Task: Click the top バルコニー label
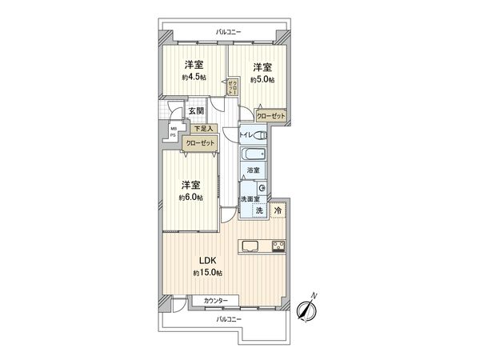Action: [x=228, y=32]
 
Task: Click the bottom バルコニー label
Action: [x=228, y=318]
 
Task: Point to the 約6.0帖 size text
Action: [x=190, y=197]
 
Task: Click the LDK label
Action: [x=207, y=260]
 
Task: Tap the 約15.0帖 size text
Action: [x=207, y=273]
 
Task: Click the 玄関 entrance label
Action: [x=196, y=111]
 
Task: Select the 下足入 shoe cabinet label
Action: [x=201, y=128]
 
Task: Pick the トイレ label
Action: [x=247, y=135]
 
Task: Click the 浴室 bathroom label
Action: [x=253, y=170]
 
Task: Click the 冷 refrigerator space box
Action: [x=277, y=210]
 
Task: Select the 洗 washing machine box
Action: [x=258, y=210]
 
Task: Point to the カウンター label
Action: [x=215, y=300]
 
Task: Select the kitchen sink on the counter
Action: [x=249, y=246]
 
